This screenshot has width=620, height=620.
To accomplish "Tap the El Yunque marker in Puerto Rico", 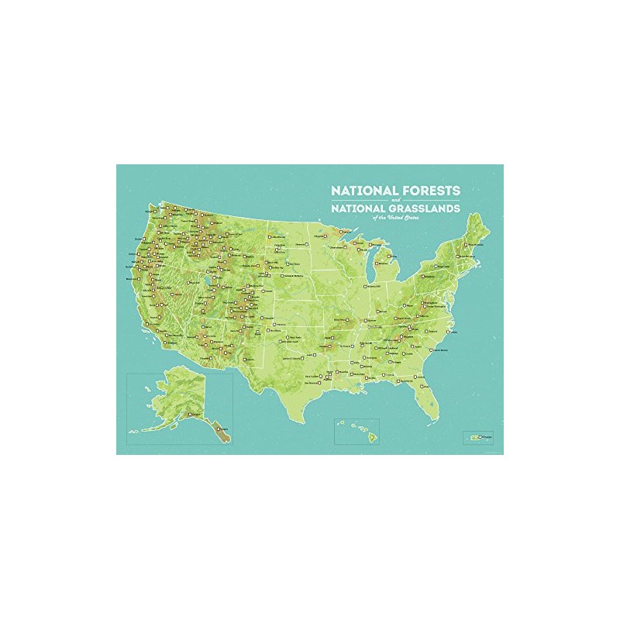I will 480,437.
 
